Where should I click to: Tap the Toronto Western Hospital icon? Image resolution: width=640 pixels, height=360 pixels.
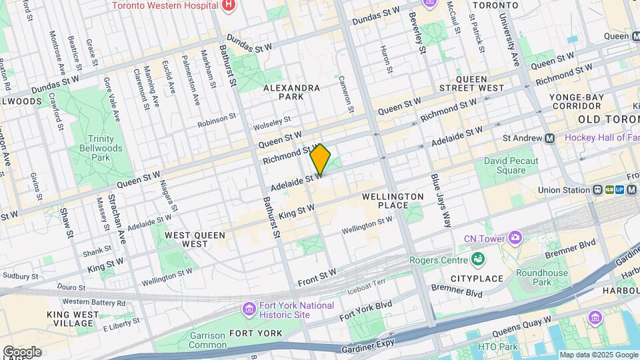point(229,5)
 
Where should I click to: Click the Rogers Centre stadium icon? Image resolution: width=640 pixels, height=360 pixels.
point(477,259)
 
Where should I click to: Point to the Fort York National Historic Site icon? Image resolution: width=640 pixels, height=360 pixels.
point(249,309)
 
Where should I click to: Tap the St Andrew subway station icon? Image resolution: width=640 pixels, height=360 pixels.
point(549,139)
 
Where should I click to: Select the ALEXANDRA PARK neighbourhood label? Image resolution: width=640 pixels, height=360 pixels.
point(291,92)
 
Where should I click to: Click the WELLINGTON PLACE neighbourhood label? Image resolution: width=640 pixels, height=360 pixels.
point(393,201)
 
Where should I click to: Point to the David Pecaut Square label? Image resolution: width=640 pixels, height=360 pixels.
point(513,166)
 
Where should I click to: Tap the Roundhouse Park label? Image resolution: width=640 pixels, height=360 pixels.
point(541,277)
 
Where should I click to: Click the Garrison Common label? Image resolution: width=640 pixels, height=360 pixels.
point(207,340)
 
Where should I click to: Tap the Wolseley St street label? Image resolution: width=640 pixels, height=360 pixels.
point(272,123)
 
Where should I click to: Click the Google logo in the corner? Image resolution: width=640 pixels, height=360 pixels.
point(22,351)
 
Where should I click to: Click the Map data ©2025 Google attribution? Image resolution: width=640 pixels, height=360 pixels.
point(598,355)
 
